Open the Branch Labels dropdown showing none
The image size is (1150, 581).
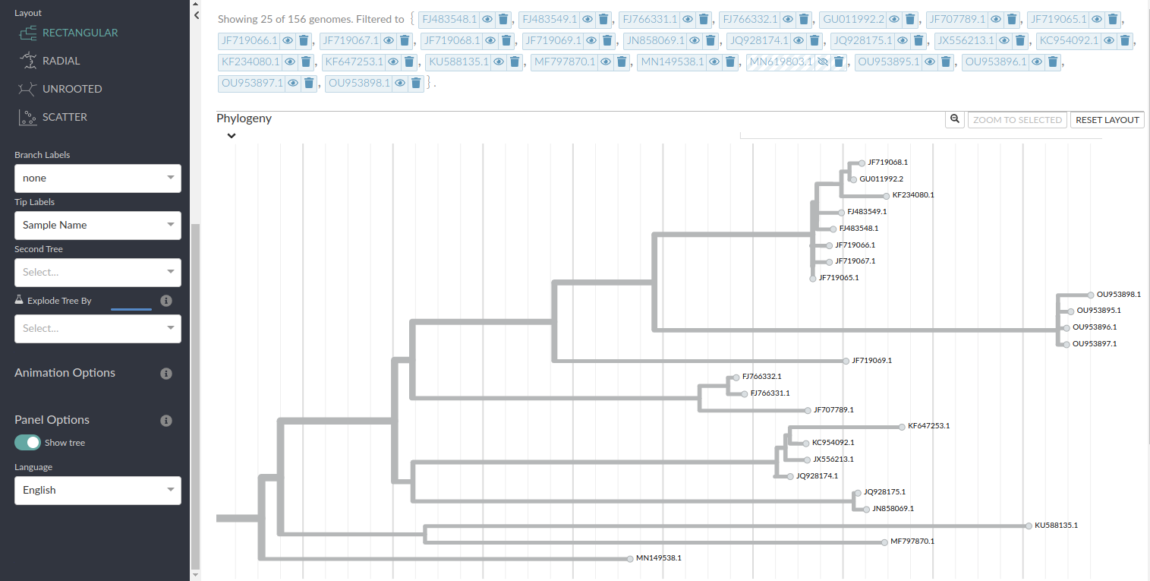[98, 178]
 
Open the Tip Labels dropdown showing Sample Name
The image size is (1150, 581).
[98, 225]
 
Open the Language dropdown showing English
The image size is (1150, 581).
[98, 490]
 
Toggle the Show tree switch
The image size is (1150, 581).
[27, 442]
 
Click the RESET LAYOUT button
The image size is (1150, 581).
[1107, 120]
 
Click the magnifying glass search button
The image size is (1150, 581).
[954, 119]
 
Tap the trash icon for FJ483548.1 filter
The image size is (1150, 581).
[503, 20]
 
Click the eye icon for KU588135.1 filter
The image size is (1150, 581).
[499, 62]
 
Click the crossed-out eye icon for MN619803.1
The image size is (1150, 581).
[823, 62]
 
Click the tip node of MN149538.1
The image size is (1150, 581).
[630, 559]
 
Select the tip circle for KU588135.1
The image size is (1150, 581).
[1029, 526]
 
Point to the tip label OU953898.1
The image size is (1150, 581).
[1119, 295]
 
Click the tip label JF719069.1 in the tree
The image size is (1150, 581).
[871, 361]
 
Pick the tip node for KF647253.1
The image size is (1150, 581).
[902, 427]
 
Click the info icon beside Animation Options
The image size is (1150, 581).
[165, 374]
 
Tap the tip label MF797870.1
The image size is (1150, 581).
[912, 542]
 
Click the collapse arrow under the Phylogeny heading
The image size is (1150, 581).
[232, 136]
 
